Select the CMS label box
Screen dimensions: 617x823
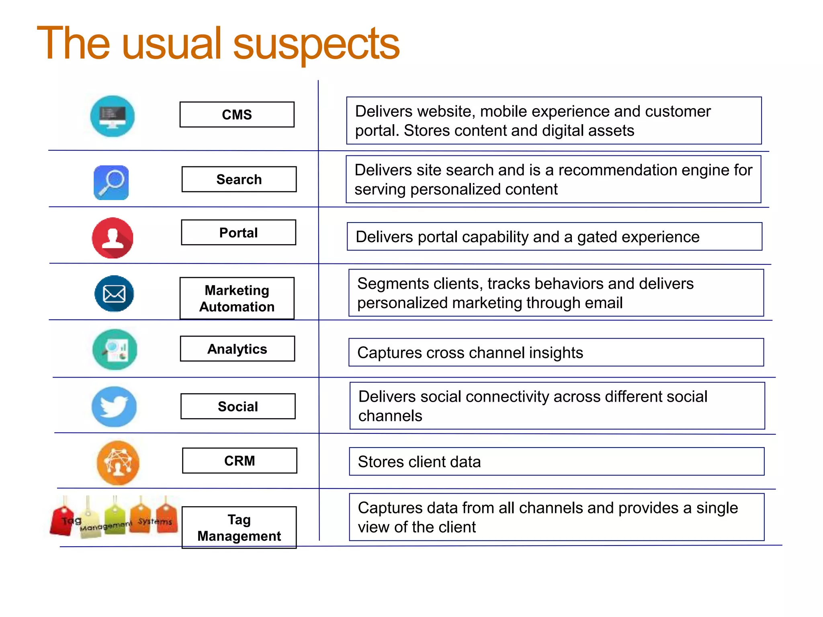coord(237,114)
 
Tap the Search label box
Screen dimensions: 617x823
coord(239,179)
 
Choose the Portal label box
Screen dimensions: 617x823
coord(238,233)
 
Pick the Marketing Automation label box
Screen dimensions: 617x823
coord(237,298)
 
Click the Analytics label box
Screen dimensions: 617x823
coord(237,349)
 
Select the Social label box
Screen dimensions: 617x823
coord(238,406)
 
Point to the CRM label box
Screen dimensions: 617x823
coord(240,460)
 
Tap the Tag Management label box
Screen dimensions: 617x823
coord(239,527)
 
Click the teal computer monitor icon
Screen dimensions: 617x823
coord(112,116)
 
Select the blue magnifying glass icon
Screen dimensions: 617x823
coord(111,182)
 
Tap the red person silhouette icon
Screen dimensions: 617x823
coord(113,238)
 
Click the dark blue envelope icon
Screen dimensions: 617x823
coord(114,294)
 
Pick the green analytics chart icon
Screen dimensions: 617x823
coord(115,349)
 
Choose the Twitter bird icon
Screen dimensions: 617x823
coord(114,407)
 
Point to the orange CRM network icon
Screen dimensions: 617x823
coord(118,463)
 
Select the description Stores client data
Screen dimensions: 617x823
coord(419,462)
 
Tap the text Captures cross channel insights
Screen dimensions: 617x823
coord(470,353)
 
